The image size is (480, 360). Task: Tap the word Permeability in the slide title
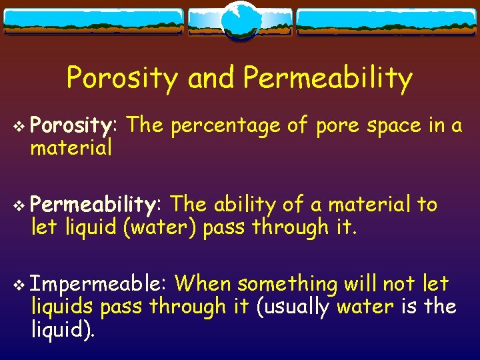[x=328, y=79]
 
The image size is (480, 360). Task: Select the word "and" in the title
[x=211, y=78]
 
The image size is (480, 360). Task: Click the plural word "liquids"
[x=62, y=307]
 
